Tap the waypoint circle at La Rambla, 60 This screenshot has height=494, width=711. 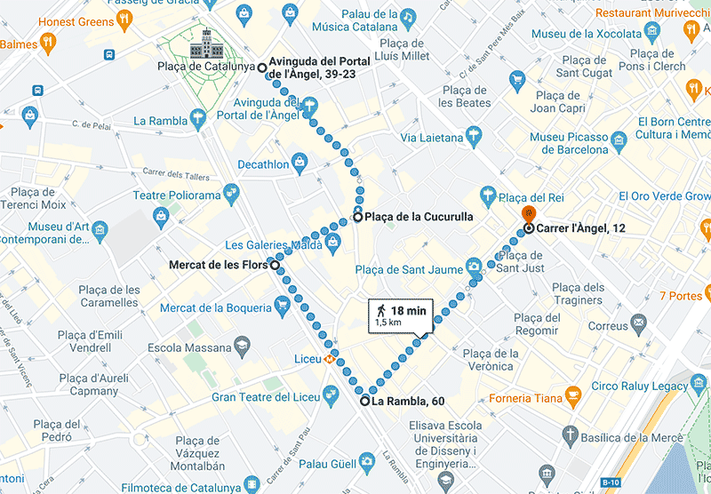364,402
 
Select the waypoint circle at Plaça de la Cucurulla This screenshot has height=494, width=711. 357,217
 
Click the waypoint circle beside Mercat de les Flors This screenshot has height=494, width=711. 275,265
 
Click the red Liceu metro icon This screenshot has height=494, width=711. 330,360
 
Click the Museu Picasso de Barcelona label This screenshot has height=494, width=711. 570,143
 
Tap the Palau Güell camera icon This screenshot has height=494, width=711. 365,461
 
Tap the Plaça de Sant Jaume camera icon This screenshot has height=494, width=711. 475,265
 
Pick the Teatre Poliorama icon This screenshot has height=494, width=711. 232,191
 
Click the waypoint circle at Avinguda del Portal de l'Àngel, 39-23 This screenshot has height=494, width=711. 261,68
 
